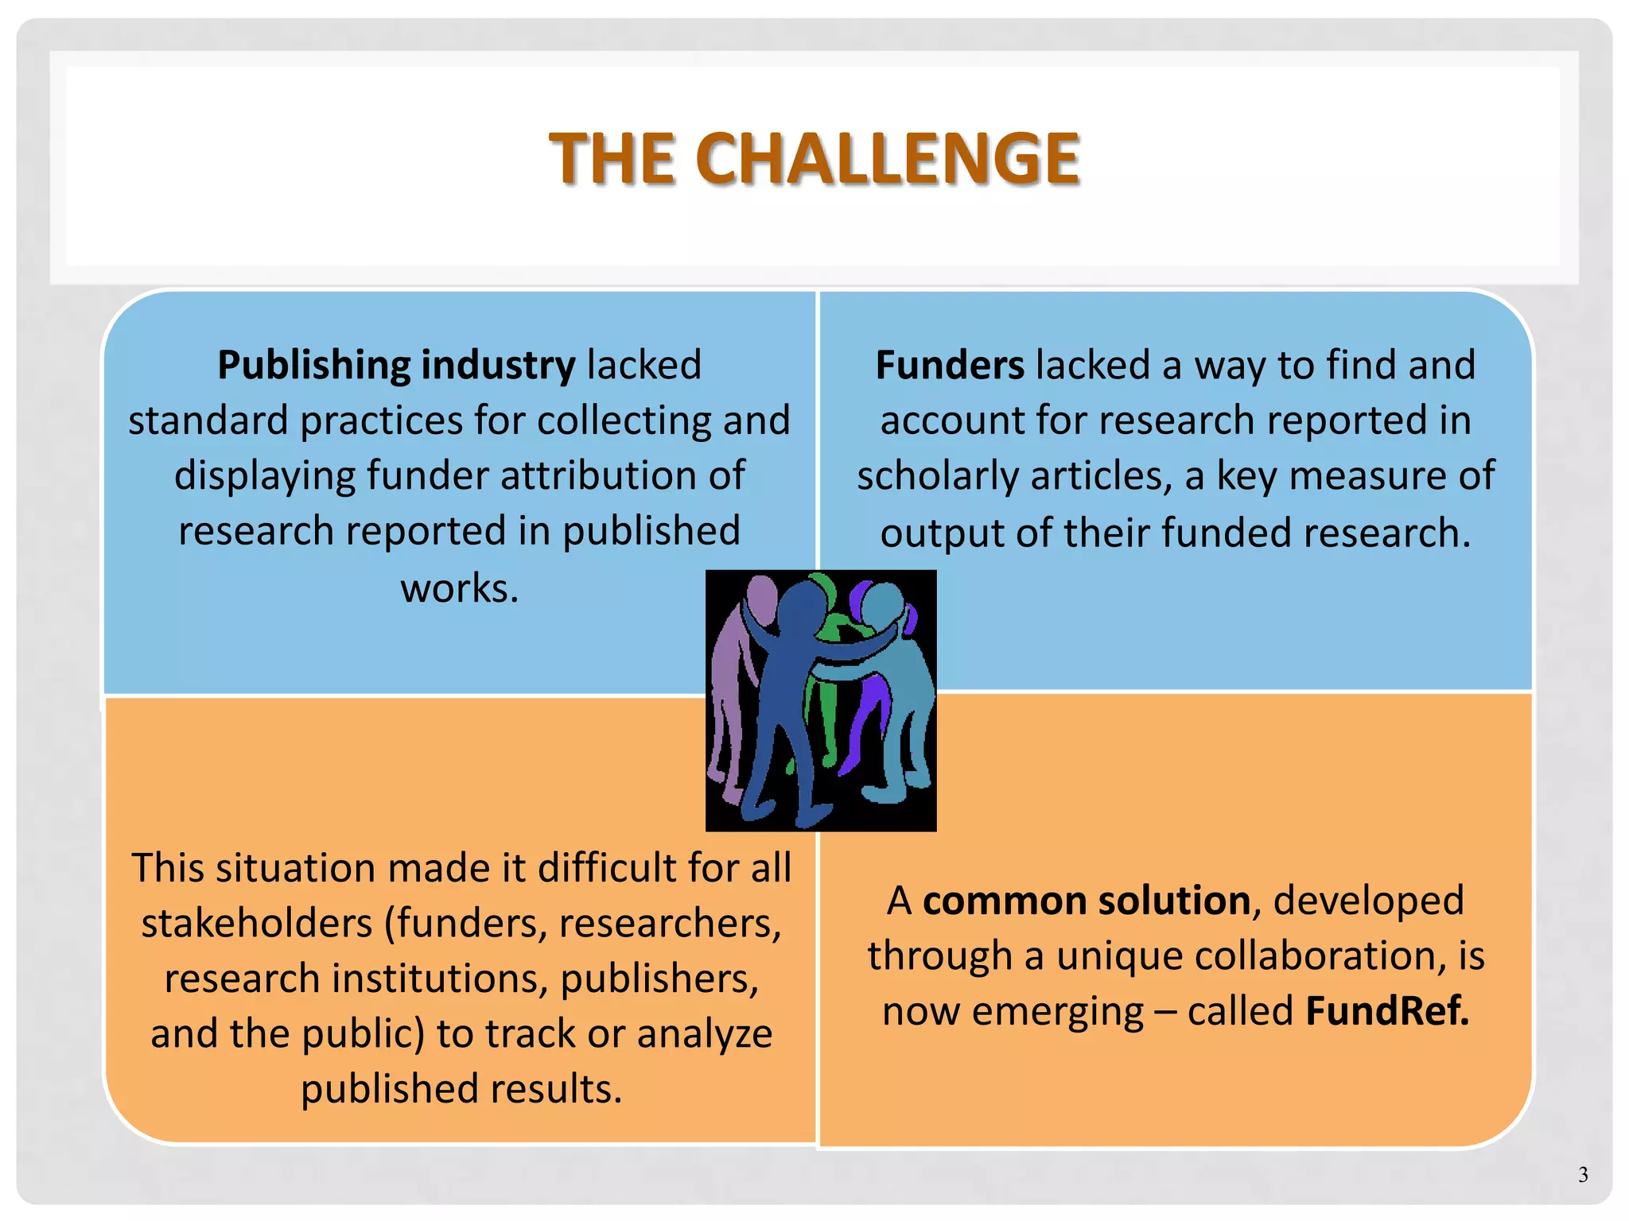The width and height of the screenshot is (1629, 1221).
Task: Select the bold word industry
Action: (x=498, y=366)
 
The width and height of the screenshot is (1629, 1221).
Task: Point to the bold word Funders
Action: (x=950, y=366)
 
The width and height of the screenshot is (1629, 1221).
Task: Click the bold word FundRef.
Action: (x=1387, y=1011)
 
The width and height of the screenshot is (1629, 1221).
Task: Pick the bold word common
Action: (x=1005, y=901)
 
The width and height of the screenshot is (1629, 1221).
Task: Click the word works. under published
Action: (x=460, y=588)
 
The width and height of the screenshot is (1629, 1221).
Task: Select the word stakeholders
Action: (x=257, y=924)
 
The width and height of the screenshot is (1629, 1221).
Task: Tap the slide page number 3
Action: (x=1583, y=1174)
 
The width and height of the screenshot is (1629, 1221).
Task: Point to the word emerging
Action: (x=1057, y=1013)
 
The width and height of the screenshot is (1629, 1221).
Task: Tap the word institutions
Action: (x=440, y=979)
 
